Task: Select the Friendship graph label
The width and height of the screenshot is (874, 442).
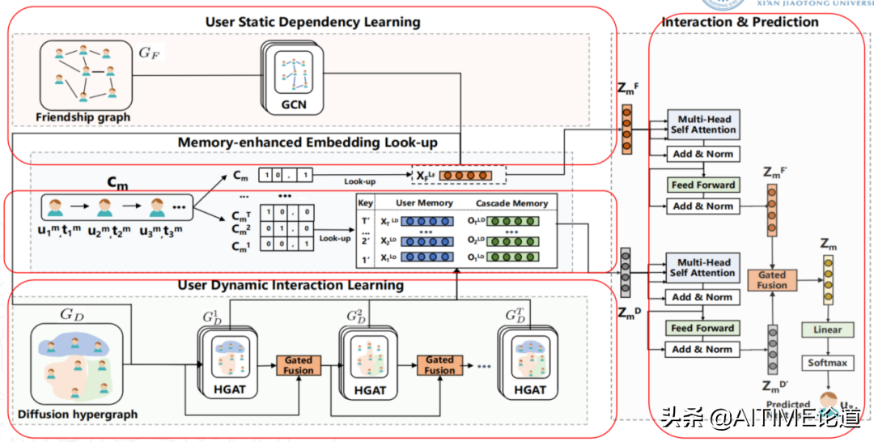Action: coord(83,117)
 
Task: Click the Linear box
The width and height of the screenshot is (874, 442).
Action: coord(827,330)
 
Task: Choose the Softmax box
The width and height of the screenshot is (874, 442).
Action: coord(827,363)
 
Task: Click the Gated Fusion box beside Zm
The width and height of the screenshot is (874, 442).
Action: coord(772,280)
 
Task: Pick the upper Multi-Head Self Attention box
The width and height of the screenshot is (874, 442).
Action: coord(703,125)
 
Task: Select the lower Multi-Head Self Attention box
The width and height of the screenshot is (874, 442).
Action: coord(703,268)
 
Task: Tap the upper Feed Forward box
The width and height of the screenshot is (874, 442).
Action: coord(703,185)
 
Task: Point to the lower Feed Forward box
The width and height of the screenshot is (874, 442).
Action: coord(703,329)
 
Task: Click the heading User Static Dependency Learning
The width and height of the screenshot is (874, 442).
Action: coord(312,22)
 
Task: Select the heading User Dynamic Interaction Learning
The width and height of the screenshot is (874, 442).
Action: coord(291,285)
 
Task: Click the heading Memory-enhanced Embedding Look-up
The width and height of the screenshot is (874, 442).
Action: coord(308,143)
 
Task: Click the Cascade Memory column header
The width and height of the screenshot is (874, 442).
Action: coord(511,202)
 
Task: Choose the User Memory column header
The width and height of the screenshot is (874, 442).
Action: coord(424,202)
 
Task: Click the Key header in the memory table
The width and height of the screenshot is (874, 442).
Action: coord(367,202)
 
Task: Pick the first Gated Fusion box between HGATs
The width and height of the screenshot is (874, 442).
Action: coord(299,364)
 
